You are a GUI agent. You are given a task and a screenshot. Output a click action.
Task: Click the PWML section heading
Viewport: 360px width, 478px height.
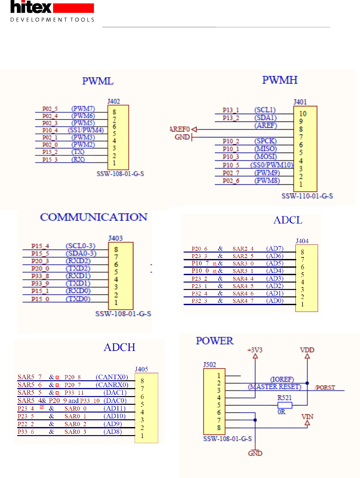(x=98, y=81)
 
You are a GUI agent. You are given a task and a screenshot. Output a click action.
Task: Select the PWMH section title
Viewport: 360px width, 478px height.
(x=280, y=80)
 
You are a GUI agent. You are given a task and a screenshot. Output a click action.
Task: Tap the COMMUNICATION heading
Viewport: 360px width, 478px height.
(x=94, y=217)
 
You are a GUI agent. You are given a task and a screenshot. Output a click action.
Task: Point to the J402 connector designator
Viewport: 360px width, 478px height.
(x=114, y=101)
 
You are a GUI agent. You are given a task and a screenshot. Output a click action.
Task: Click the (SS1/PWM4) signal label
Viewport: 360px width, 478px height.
(x=86, y=130)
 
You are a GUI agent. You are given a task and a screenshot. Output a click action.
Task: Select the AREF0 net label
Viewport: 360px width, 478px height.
(x=180, y=129)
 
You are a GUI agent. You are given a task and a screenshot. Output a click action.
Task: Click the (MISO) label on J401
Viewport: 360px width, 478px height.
(x=265, y=149)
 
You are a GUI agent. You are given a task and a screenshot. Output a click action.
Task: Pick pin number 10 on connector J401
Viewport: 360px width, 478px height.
(x=303, y=114)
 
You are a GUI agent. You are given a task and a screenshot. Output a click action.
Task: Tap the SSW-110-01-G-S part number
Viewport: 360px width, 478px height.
(x=307, y=196)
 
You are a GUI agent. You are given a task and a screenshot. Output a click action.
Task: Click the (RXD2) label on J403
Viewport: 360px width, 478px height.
(x=78, y=261)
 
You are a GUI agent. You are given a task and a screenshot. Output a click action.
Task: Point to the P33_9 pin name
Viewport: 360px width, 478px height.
(x=40, y=283)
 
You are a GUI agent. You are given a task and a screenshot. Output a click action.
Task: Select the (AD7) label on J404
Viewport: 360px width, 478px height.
(x=275, y=248)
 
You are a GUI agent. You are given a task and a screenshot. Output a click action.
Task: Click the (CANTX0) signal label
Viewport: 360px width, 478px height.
(x=112, y=377)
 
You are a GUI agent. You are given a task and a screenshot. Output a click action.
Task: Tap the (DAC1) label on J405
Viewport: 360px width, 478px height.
(x=115, y=393)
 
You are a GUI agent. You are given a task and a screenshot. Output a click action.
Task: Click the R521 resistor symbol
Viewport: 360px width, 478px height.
(x=284, y=405)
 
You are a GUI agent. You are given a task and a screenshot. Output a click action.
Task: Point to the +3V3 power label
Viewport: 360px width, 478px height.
(x=255, y=350)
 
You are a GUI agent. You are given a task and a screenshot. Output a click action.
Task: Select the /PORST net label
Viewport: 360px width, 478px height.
(x=325, y=387)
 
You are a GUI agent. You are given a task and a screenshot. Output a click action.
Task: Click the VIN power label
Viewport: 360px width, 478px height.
(x=307, y=417)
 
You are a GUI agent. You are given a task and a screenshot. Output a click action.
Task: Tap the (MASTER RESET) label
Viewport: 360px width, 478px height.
(x=274, y=387)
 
